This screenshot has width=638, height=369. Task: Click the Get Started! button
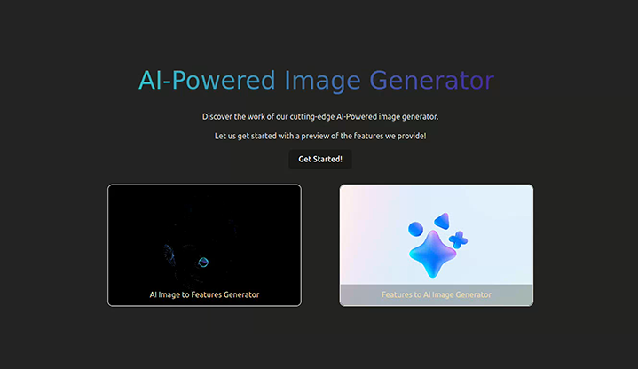coord(320,159)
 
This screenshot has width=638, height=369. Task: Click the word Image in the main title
coord(322,81)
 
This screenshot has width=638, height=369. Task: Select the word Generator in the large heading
coord(432,80)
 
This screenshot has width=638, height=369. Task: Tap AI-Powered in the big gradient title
coord(207,80)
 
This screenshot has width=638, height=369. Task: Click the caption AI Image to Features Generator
coord(204,294)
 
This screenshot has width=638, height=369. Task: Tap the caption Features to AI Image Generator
coord(437,294)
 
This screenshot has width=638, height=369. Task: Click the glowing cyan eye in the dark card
coord(203,263)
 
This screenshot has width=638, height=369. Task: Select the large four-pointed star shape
coord(432,254)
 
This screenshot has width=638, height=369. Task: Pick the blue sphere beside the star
coord(415,229)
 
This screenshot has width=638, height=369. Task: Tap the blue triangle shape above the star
coord(443,221)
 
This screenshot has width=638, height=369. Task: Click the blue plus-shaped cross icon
coord(458,239)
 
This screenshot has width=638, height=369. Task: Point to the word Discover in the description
coord(217,117)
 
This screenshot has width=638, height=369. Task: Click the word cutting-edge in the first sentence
coord(312,117)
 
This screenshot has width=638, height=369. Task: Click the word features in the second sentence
coord(368,136)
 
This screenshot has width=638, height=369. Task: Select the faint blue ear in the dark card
coord(169,255)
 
